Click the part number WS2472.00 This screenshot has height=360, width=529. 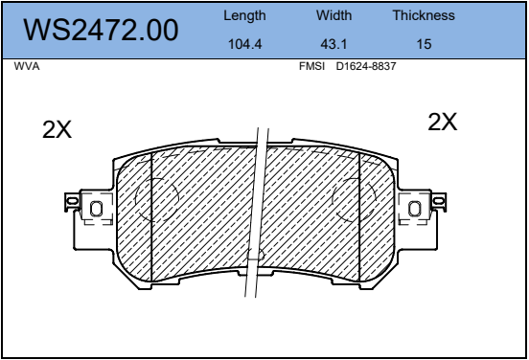point(101,31)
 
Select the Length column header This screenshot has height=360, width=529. point(244,16)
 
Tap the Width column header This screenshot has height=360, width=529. point(333,15)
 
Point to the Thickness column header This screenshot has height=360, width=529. point(424,15)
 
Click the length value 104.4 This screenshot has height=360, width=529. point(245,44)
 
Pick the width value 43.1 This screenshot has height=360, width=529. point(333,44)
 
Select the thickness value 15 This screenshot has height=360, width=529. point(424,44)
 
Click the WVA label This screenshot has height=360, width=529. point(27,66)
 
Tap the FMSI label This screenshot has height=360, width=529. point(311,66)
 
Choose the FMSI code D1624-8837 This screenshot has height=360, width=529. point(366,66)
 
